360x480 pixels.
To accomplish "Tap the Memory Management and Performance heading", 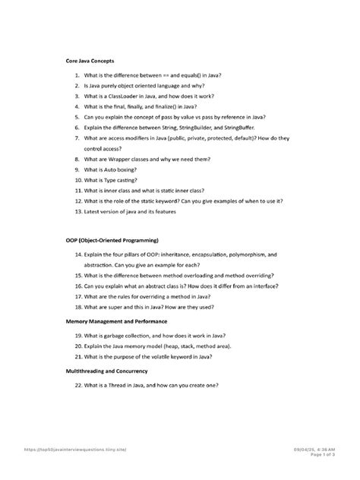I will (122, 321).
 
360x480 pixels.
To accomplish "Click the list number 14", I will (79, 255).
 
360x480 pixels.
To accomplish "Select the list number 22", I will (79, 384).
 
